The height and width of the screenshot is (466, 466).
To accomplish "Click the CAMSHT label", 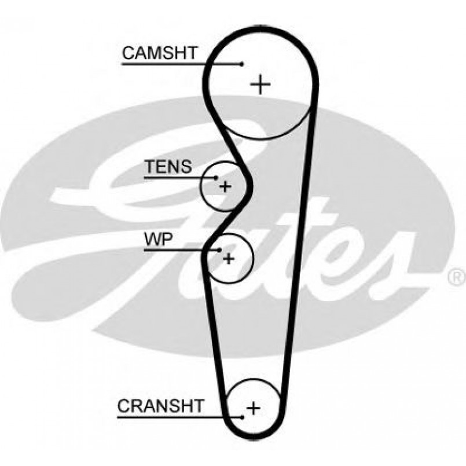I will (160, 53).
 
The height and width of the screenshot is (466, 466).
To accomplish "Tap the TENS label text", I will (168, 167).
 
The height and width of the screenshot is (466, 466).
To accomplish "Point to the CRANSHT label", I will (160, 406).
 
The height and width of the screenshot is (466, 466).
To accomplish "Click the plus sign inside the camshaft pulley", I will (261, 85).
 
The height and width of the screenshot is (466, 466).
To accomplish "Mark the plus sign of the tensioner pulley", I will (225, 186).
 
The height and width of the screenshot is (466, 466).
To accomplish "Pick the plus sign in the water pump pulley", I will (229, 258).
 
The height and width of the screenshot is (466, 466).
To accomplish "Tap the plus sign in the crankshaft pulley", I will (253, 408).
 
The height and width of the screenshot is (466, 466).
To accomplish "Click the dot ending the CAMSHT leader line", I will (241, 64).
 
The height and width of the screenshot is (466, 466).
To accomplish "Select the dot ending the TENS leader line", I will (216, 177).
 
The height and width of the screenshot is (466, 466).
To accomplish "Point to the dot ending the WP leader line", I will (220, 250).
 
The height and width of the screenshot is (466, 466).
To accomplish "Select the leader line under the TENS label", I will (179, 177).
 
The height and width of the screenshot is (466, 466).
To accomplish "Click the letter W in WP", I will (151, 240).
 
